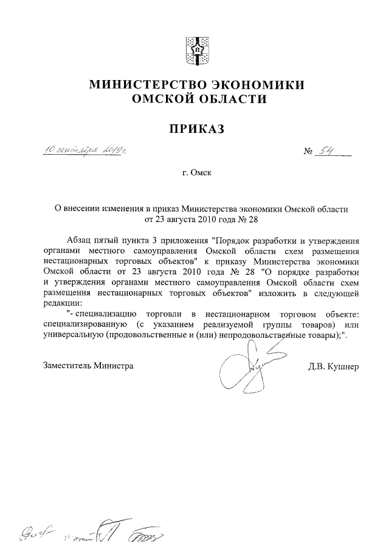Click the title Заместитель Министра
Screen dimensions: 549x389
pos(88,366)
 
